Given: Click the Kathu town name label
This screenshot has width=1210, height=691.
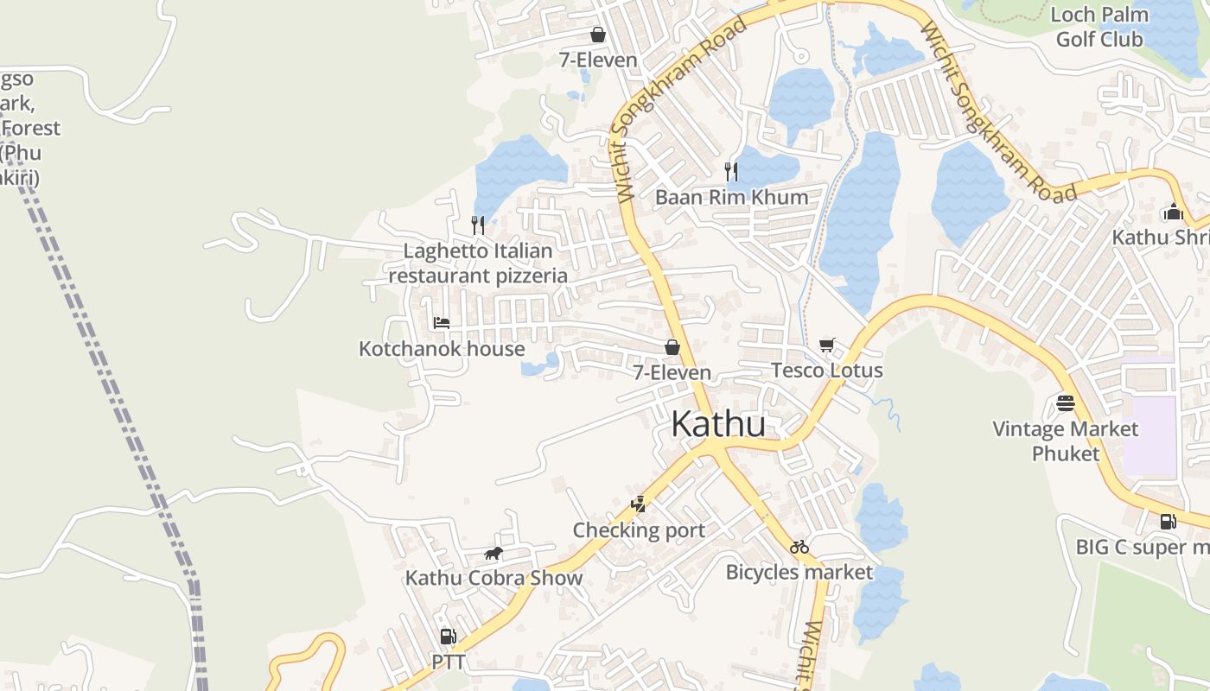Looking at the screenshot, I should tap(718, 424).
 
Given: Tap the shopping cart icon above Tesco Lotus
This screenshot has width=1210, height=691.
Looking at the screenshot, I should tap(827, 346).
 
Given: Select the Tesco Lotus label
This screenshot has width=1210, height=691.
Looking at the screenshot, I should tap(827, 371).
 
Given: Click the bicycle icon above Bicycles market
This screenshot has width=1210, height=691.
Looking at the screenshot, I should tap(799, 547).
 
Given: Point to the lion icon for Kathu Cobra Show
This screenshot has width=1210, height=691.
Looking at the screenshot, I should tap(494, 554).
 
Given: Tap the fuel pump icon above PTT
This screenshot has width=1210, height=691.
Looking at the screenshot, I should tap(448, 637).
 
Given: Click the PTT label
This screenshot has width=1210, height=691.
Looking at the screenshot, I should tap(449, 662).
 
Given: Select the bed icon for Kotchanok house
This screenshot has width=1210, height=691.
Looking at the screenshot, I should tap(442, 323).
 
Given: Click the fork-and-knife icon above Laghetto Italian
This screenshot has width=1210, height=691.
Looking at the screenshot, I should tap(478, 225).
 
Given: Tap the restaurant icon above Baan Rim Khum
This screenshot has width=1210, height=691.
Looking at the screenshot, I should tap(731, 171).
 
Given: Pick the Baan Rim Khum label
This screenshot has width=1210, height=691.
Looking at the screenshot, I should tap(731, 197).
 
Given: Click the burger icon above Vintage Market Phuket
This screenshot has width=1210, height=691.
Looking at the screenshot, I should tap(1065, 403).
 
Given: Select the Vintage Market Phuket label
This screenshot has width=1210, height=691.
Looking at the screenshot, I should tap(1065, 441).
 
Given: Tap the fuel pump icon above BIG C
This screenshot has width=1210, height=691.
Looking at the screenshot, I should tap(1168, 521).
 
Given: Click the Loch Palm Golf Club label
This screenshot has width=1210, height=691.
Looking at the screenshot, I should tap(1099, 27).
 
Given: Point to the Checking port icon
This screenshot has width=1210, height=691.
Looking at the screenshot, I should tap(639, 504).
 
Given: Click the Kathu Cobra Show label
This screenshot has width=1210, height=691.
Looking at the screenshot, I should tap(494, 578).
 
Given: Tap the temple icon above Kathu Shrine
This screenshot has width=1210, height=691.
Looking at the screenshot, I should tap(1173, 212).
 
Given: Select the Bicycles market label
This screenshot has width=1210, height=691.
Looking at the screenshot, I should tap(799, 572).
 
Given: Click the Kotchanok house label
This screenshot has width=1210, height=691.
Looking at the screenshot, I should tap(442, 349).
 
